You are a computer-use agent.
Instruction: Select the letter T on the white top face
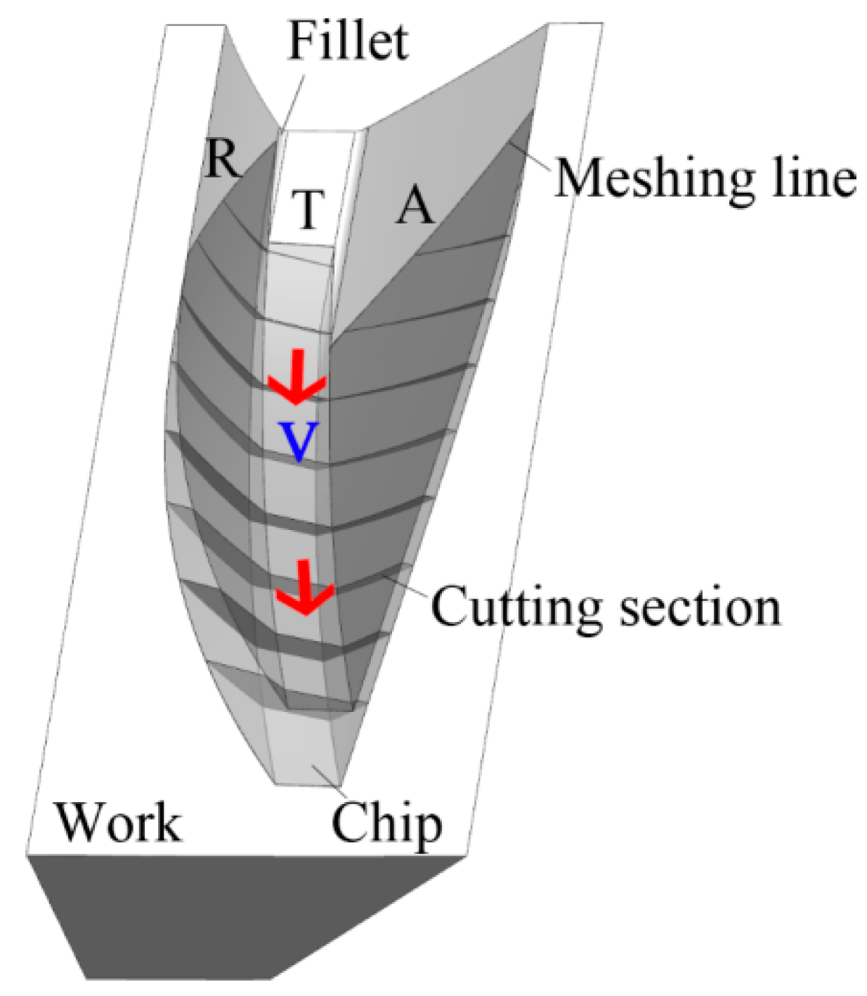307,209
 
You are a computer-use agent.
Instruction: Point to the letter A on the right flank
415,207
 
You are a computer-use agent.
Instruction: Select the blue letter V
299,441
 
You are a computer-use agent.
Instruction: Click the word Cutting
516,607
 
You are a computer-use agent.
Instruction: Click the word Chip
387,824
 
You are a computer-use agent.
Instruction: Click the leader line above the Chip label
326,778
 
